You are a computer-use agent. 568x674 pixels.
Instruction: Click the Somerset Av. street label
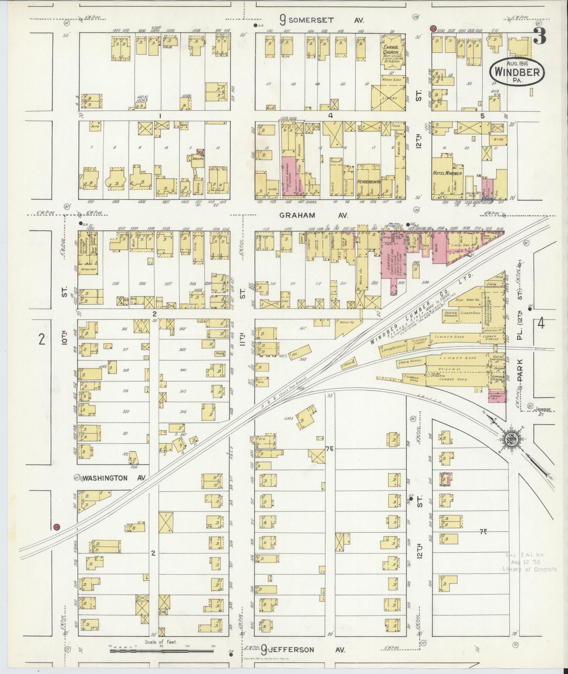coord(321,20)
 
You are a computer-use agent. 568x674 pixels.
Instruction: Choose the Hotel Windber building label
coord(448,173)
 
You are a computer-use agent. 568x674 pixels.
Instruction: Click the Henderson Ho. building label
coord(369,181)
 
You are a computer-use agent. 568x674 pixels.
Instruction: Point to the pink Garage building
coord(392,261)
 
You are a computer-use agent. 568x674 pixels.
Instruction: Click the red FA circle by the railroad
coord(56,527)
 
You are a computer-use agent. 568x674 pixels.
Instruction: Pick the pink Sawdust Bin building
coord(497,397)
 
